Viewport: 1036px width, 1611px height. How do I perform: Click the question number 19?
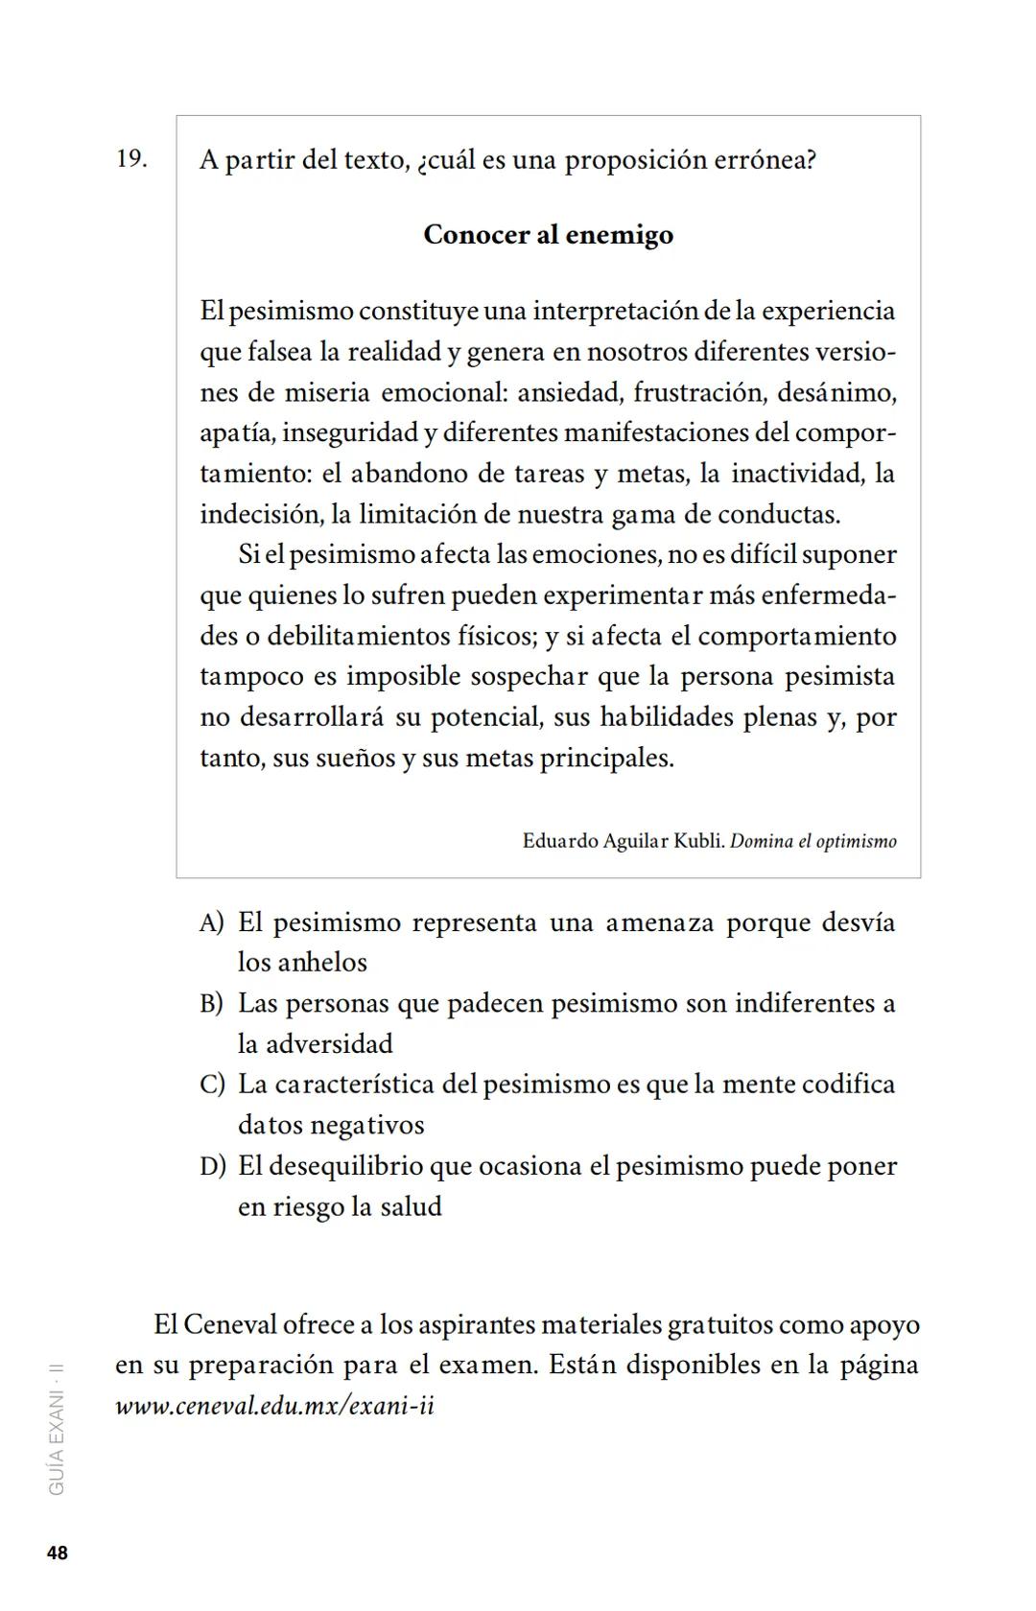point(131,158)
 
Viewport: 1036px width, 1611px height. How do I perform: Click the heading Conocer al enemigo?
point(548,235)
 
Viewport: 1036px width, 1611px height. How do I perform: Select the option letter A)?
point(211,922)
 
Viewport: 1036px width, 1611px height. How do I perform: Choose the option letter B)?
point(211,1004)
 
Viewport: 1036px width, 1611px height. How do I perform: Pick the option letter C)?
point(212,1085)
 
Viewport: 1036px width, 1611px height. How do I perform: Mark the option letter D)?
point(212,1166)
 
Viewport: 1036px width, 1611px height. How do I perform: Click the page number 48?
point(58,1553)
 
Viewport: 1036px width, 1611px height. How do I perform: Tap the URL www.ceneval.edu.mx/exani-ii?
point(274,1406)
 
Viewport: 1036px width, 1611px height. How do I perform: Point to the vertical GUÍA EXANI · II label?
point(57,1430)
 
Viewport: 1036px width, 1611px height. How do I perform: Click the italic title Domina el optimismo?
point(813,842)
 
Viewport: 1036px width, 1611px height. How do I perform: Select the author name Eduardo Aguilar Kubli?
point(623,842)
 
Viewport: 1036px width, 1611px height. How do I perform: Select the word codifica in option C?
point(848,1085)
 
